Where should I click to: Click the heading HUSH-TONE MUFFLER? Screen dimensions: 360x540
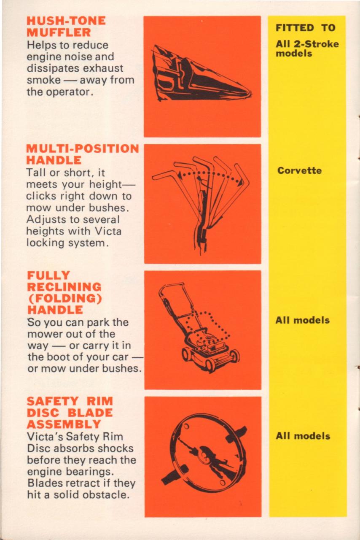66,27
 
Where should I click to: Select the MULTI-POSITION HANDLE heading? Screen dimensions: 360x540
82,154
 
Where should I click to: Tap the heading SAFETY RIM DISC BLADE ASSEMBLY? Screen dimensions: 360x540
70,413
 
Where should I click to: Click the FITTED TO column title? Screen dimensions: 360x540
306,28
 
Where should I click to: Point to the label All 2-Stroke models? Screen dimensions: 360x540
307,49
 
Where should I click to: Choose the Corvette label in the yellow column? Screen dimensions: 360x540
300,171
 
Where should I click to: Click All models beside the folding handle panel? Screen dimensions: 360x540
303,320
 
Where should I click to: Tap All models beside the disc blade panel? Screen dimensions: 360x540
303,436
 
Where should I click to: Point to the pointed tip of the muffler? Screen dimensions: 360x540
250,93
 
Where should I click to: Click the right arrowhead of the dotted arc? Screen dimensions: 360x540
240,183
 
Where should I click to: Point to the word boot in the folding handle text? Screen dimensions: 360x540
57,357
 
